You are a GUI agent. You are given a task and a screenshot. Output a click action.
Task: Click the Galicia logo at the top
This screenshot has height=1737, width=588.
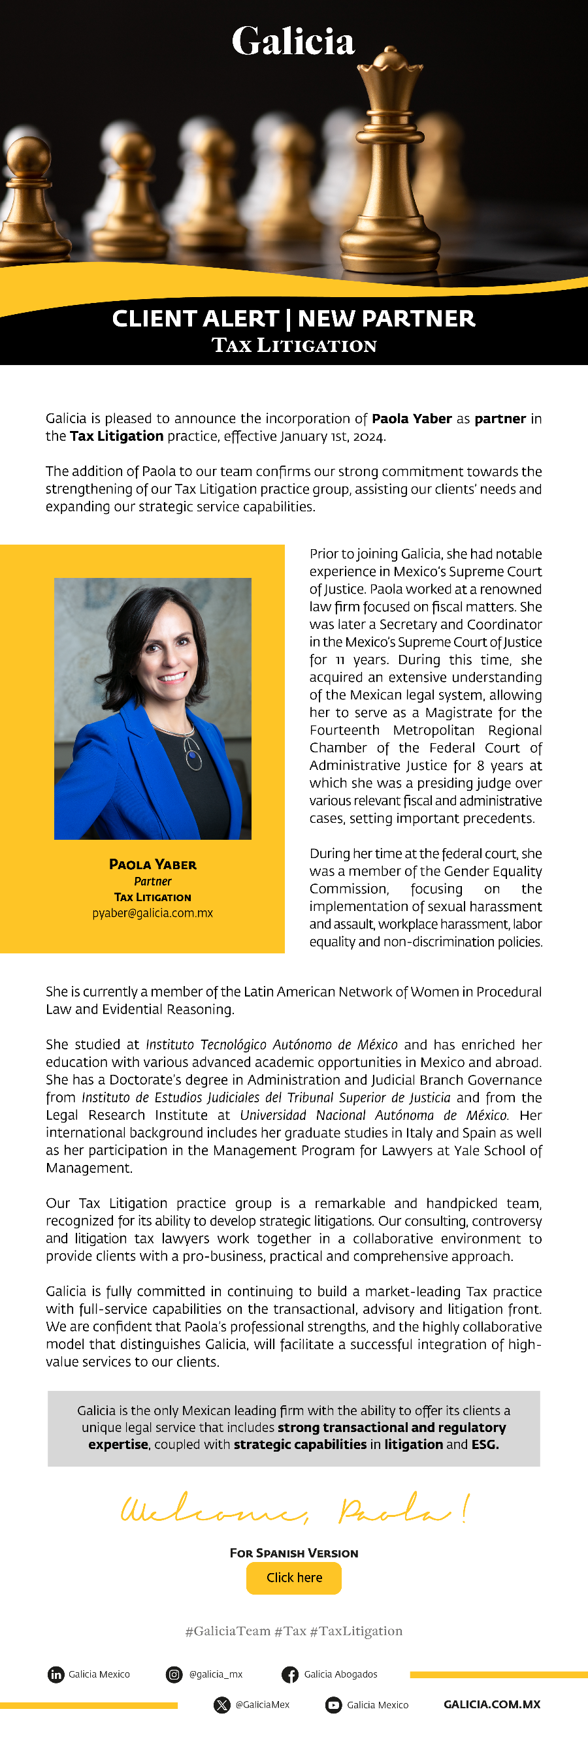tap(293, 42)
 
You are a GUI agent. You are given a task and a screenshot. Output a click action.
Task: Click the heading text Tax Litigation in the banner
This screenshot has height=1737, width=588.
tap(294, 345)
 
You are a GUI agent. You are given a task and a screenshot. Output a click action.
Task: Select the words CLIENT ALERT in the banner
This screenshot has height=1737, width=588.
tap(195, 318)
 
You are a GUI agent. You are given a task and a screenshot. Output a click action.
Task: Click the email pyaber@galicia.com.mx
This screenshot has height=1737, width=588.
tap(152, 913)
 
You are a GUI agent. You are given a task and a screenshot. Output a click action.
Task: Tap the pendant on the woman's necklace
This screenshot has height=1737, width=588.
tap(193, 759)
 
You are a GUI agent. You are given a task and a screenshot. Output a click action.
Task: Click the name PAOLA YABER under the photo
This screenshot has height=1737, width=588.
tap(152, 865)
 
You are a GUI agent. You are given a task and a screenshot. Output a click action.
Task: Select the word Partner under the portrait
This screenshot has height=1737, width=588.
tap(152, 882)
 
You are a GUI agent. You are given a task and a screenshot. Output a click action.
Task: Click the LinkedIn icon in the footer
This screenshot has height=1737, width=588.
tap(56, 1674)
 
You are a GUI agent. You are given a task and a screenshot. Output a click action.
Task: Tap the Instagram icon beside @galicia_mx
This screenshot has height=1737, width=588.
tap(174, 1674)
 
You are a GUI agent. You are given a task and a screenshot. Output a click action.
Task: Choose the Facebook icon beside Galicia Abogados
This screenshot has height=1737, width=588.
tap(290, 1674)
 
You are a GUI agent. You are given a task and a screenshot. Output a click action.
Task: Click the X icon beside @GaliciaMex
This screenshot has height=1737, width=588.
tap(222, 1704)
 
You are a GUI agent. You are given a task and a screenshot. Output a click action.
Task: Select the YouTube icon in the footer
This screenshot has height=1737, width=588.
tap(333, 1704)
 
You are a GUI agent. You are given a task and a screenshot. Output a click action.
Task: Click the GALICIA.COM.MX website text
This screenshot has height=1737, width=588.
tap(491, 1704)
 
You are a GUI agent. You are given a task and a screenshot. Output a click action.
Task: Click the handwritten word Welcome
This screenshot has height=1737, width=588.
tap(214, 1510)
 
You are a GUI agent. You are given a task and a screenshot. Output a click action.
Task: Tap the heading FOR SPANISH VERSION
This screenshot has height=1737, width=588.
tap(294, 1553)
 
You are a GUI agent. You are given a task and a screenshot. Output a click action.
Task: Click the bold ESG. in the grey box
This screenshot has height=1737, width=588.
tap(485, 1444)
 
